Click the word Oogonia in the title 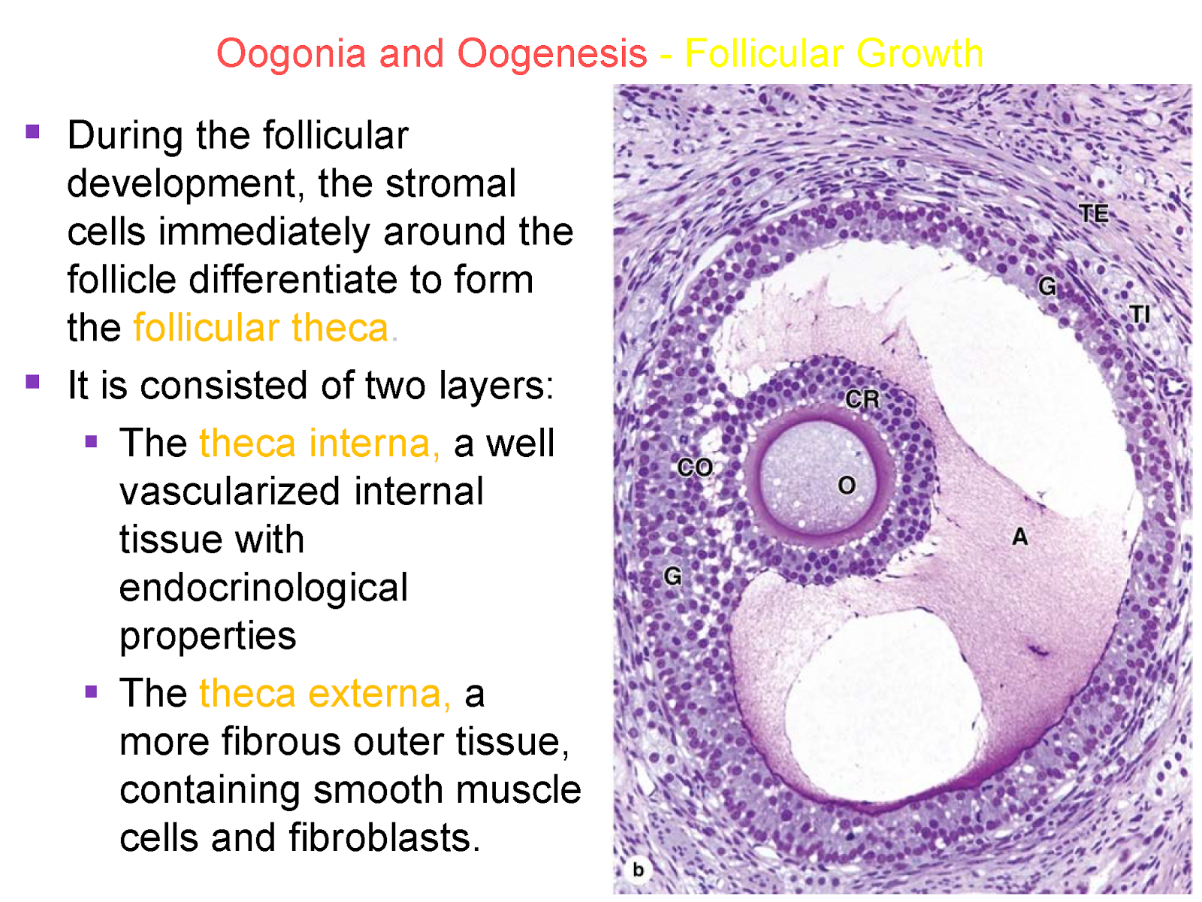(x=291, y=54)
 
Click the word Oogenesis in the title (x=552, y=54)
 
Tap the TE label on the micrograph (x=1094, y=214)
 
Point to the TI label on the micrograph (x=1140, y=314)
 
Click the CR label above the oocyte (x=862, y=399)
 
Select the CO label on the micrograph (x=695, y=468)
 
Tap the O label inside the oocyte (x=847, y=486)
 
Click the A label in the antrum (x=1019, y=537)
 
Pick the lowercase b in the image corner (x=638, y=870)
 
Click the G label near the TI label (x=1047, y=286)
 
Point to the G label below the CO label (x=672, y=577)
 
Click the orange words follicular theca (x=261, y=328)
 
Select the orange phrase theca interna (x=319, y=443)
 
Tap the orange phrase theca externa (x=325, y=693)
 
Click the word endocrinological (x=264, y=588)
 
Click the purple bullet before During (x=32, y=132)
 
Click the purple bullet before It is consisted (x=32, y=382)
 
